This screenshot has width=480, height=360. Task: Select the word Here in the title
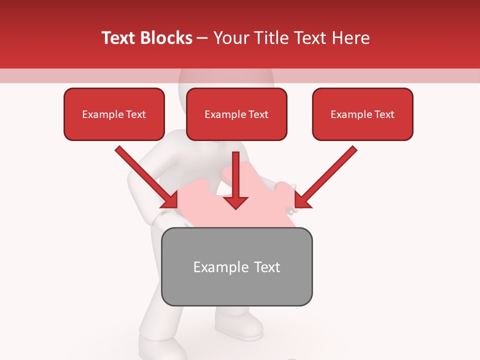click(x=350, y=38)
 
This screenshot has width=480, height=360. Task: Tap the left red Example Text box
click(x=114, y=114)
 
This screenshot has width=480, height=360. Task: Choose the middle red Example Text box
click(x=236, y=114)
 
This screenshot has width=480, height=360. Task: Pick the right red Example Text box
click(x=362, y=114)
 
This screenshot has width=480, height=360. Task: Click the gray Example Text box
click(x=237, y=266)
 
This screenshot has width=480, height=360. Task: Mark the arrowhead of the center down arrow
click(x=236, y=202)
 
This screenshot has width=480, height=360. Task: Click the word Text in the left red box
click(x=136, y=114)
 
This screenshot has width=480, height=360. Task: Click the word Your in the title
click(x=228, y=38)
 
